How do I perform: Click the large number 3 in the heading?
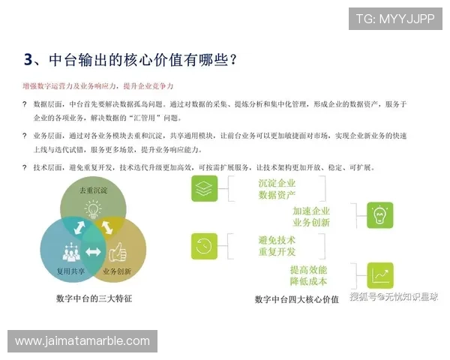coord(28,58)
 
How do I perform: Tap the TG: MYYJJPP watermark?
coord(394,19)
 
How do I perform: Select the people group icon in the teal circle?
coord(72,250)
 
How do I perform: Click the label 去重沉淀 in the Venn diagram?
coord(94,191)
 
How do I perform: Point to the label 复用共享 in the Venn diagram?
coord(70,271)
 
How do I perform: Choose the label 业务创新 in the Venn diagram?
coord(118,271)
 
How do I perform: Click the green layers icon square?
coord(204,189)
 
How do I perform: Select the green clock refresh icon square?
coord(204,245)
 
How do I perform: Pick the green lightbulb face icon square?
coord(380,215)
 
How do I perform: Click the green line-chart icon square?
coord(380,274)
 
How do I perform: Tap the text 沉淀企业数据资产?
coord(277,189)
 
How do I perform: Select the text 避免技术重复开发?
coord(277,245)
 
